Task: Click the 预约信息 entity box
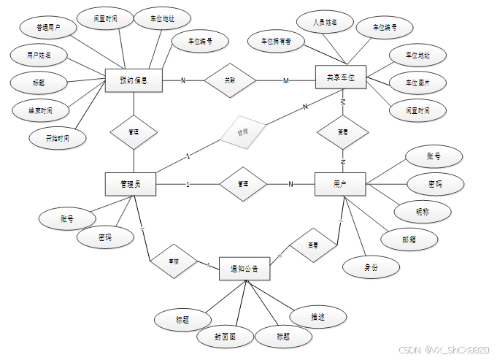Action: pyautogui.click(x=133, y=80)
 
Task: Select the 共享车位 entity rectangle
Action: pyautogui.click(x=341, y=77)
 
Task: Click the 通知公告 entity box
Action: pyautogui.click(x=244, y=269)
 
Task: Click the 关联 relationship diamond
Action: pyautogui.click(x=230, y=80)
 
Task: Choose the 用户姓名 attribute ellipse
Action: pyautogui.click(x=39, y=54)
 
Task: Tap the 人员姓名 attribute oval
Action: pyautogui.click(x=325, y=23)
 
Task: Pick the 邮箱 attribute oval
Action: pyautogui.click(x=409, y=239)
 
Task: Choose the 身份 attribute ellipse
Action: pyautogui.click(x=371, y=267)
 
